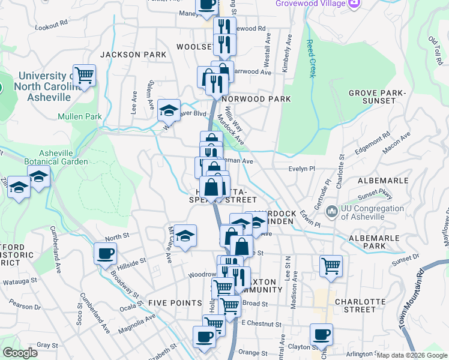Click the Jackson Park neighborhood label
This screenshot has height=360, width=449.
click(133, 55)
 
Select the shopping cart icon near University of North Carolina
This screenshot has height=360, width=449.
click(84, 76)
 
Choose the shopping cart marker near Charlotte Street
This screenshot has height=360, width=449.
click(331, 266)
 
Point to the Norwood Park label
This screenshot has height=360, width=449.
click(256, 99)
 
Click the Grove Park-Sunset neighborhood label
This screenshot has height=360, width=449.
click(378, 98)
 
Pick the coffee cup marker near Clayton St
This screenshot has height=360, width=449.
click(321, 335)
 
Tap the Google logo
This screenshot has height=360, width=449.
click(20, 353)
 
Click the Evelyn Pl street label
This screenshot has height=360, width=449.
click(303, 170)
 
